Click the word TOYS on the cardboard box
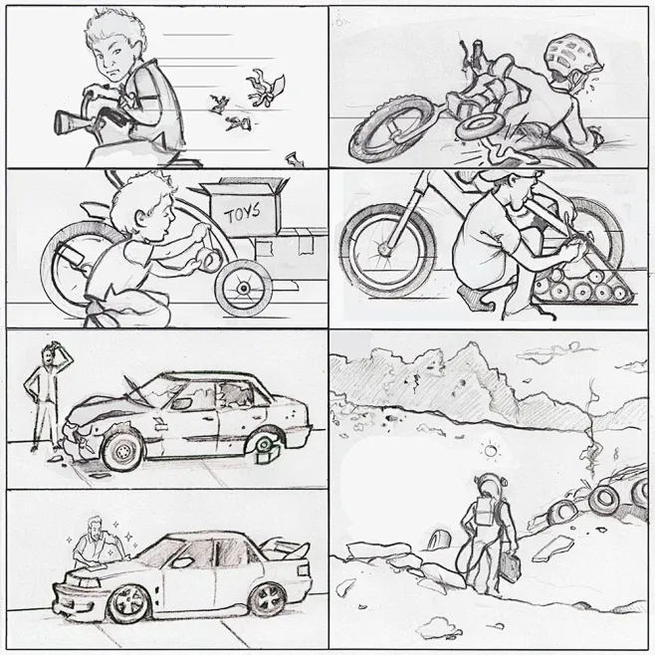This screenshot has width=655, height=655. coord(242,213)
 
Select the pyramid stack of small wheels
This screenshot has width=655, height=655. coord(581,280)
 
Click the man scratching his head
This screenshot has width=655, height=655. coord(45,398)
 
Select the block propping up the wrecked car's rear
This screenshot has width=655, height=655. coord(267,454)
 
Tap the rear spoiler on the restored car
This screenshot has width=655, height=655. coord(289,551)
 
